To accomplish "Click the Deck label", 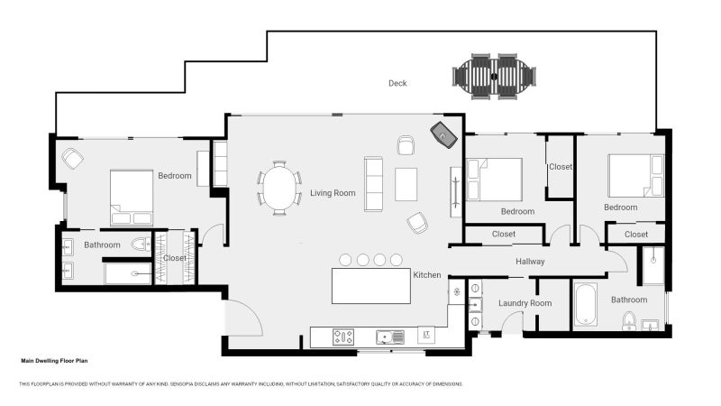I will point(397,83).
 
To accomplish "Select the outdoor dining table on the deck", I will point(494,76).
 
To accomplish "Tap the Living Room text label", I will point(333,193).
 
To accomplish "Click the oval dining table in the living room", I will point(279,189).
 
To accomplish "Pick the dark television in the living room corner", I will point(444,134).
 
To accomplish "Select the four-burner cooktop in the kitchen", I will point(343,337).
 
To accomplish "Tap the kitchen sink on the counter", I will point(390,337).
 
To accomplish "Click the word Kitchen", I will point(426,274).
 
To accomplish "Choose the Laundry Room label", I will point(525,303).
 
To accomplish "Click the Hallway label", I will point(530,262).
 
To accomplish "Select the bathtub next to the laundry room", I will point(585,305).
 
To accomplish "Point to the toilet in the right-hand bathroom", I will point(629,320).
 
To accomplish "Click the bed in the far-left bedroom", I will point(132,197).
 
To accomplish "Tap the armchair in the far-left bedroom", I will point(73,159).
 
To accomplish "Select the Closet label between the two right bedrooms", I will point(560,167).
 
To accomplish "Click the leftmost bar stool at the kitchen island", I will point(346,260).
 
